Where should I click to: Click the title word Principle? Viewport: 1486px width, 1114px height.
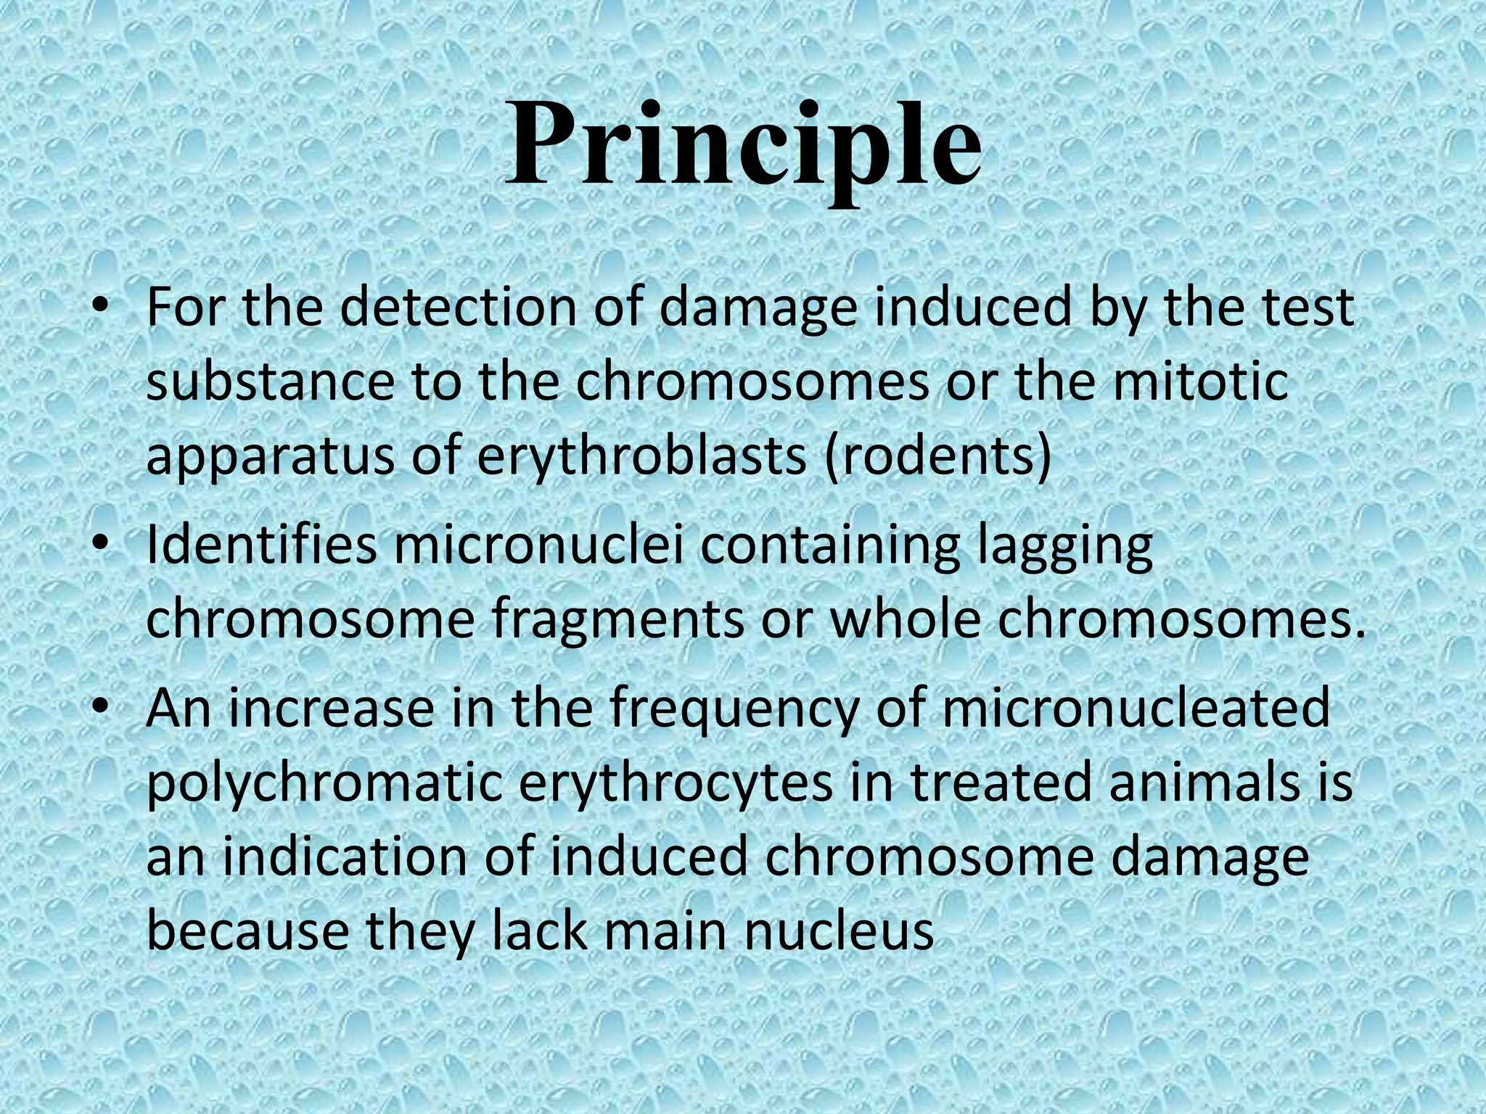[743, 145]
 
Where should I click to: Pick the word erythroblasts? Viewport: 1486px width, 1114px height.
[642, 457]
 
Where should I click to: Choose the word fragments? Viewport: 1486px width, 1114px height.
[617, 621]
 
